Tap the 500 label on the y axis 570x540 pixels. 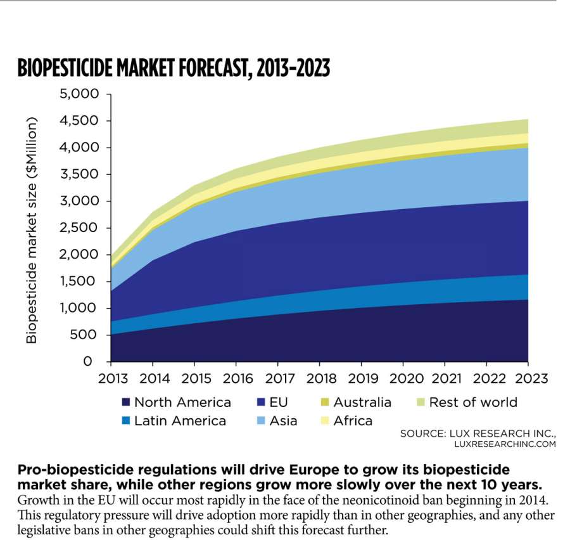pos(88,335)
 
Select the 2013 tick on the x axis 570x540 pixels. pos(111,378)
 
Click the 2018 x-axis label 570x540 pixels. pos(319,378)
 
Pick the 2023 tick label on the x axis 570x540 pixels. pos(528,378)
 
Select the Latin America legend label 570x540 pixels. pos(180,421)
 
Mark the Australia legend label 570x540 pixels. pos(362,402)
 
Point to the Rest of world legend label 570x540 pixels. pos(473,402)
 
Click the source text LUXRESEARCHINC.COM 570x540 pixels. pos(505,444)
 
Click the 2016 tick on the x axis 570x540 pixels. pos(236,378)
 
